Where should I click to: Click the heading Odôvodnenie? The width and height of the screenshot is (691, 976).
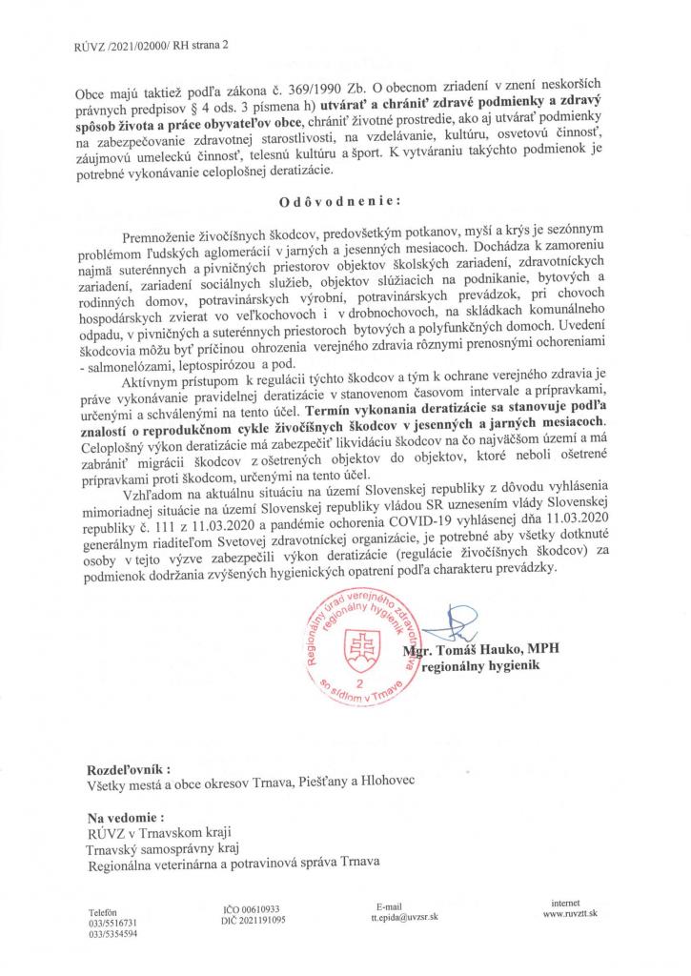pyautogui.click(x=344, y=203)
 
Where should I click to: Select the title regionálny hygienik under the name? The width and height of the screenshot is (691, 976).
pyautogui.click(x=501, y=670)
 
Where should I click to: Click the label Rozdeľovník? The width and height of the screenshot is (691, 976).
pyautogui.click(x=130, y=767)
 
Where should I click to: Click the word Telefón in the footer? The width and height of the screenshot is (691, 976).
pyautogui.click(x=103, y=912)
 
